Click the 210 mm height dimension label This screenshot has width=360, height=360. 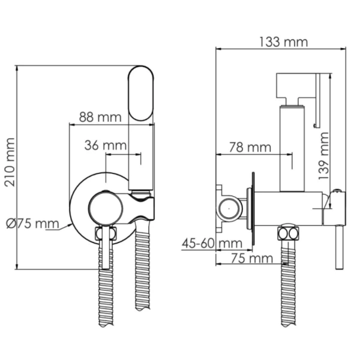(10, 163)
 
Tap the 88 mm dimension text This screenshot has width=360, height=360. (100, 117)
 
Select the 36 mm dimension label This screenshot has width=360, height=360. (106, 145)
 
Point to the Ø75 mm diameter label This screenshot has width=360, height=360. (32, 223)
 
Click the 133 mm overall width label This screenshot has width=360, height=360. (283, 42)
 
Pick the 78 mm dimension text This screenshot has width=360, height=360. (250, 147)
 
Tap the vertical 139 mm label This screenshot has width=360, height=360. (324, 156)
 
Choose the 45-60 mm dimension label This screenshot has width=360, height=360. (212, 244)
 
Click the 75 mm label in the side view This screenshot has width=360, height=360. (252, 258)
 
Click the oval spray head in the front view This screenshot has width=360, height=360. (140, 94)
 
